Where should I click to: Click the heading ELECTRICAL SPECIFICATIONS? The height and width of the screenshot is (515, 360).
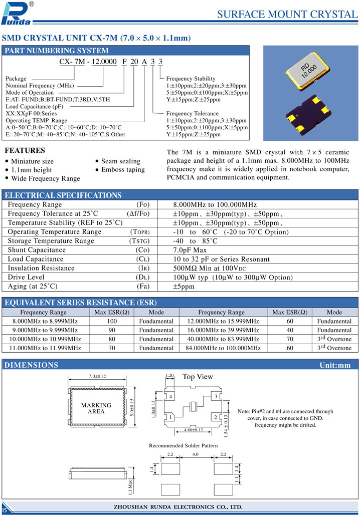pos(63,195)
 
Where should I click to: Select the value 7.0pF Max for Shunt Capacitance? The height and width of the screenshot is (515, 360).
pos(190,250)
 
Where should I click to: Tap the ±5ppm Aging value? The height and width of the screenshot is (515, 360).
pos(184,287)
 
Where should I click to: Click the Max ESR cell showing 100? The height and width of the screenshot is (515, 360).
pos(111,321)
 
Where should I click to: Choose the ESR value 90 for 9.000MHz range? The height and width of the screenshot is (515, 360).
pos(111,330)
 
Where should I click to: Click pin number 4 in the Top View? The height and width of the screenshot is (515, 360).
pos(171,397)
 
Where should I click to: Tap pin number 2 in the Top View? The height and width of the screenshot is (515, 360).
pos(215,417)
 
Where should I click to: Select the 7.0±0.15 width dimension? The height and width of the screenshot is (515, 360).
pos(98,376)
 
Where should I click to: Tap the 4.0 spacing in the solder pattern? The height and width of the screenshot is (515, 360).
pos(196,455)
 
